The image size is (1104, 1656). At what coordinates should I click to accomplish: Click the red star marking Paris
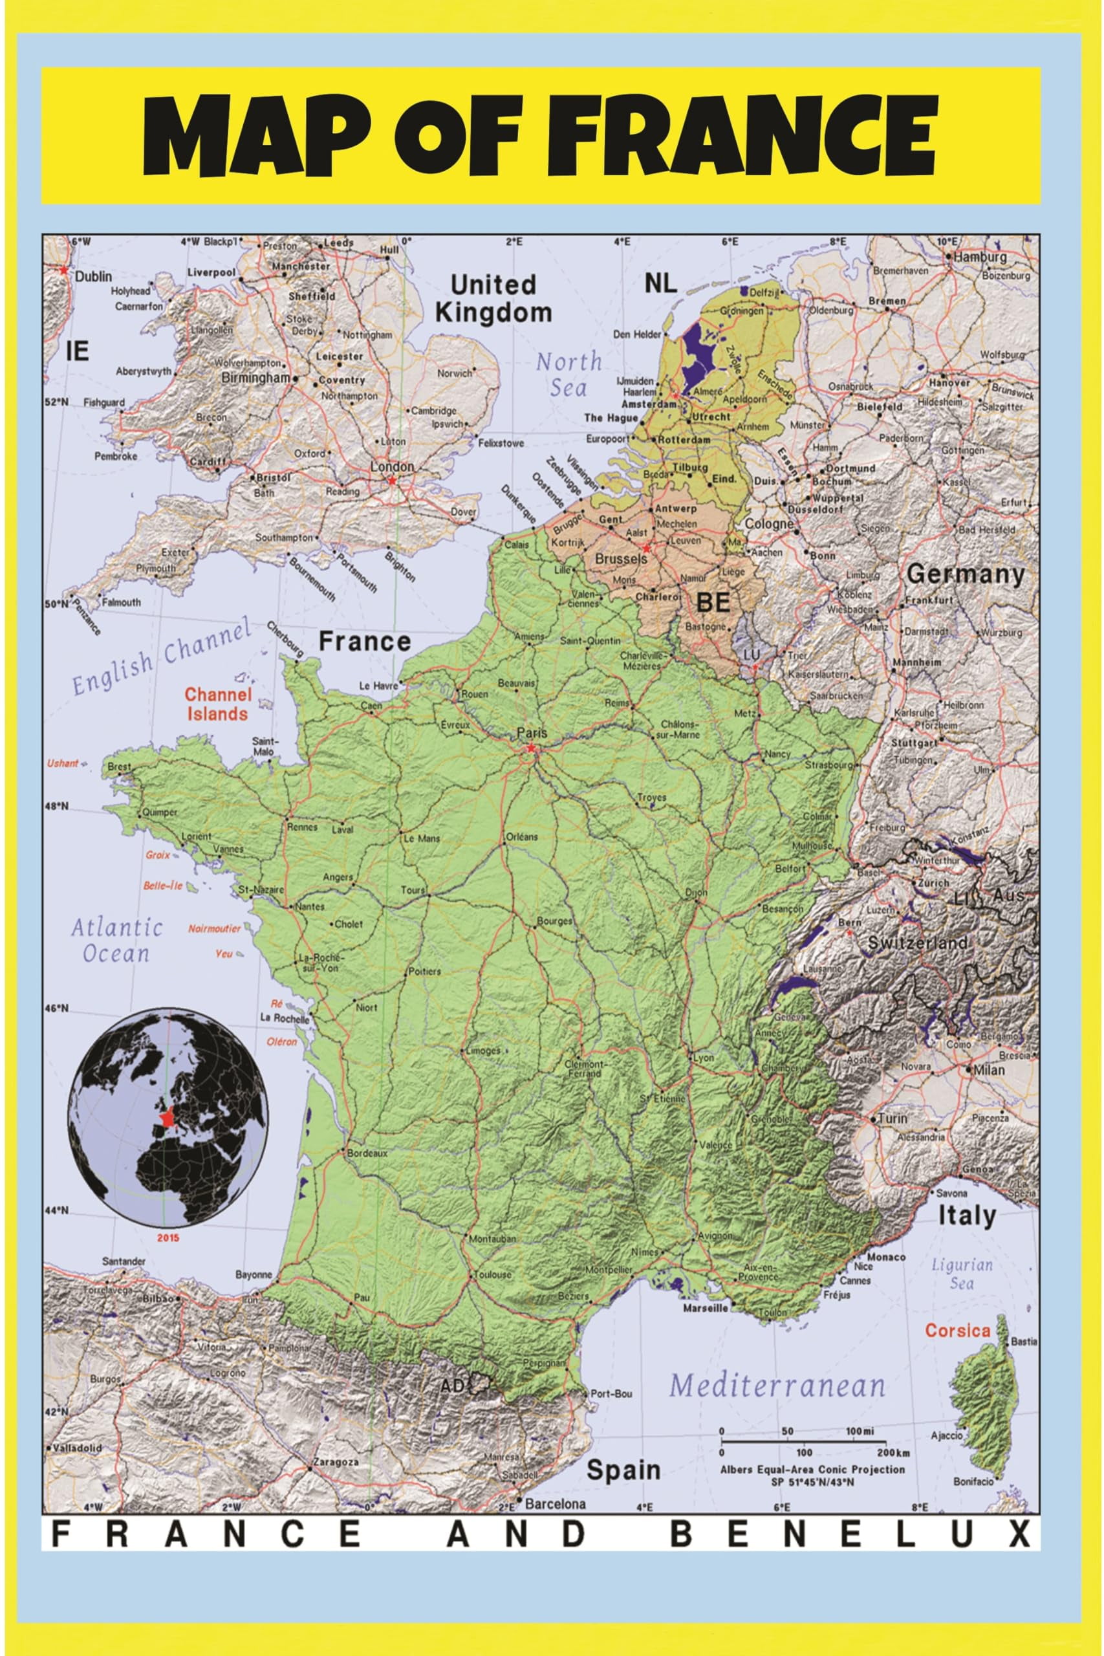[x=531, y=748]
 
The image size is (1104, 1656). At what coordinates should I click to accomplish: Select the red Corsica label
[x=958, y=1331]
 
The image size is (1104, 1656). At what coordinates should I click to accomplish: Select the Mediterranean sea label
[x=777, y=1386]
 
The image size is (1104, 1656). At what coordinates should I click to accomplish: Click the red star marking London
[x=391, y=480]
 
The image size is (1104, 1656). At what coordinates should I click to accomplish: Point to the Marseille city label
[x=706, y=1308]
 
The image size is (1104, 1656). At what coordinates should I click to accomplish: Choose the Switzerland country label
[x=918, y=942]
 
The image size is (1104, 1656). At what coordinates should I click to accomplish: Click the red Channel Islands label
[x=217, y=704]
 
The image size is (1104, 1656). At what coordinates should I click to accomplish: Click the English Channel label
[x=162, y=656]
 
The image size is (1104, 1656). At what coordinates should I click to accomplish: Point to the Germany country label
[x=964, y=574]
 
